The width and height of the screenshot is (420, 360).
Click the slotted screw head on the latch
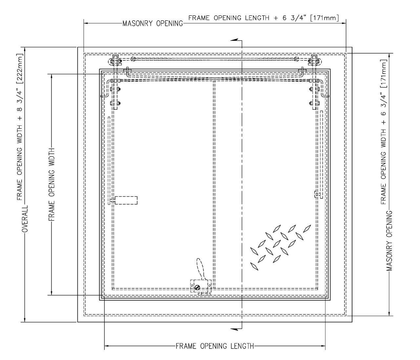point(197,287)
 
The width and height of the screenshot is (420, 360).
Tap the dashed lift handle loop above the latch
point(200,268)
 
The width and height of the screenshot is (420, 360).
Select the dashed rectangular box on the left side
point(126,200)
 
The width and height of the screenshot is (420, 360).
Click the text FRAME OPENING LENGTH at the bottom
point(215,346)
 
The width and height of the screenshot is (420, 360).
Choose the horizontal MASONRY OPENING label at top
point(153,24)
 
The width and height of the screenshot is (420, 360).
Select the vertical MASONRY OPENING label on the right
point(389,241)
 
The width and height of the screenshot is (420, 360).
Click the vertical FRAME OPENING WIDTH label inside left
point(52,184)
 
